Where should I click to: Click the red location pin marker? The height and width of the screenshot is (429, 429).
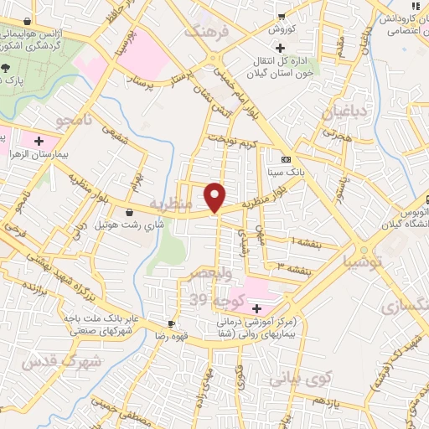coord(215,196)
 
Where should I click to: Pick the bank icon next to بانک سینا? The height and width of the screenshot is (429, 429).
coord(287,158)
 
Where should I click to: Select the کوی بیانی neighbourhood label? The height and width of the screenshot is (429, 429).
coord(301,378)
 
